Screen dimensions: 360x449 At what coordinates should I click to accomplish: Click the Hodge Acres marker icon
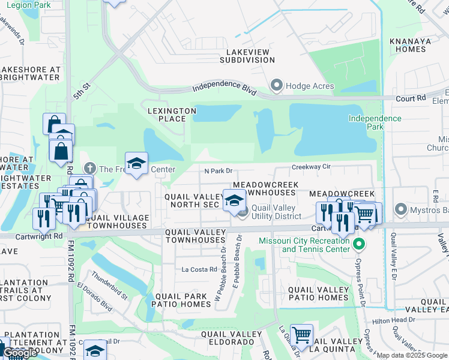point(277,86)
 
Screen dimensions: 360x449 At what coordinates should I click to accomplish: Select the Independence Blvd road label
point(224,88)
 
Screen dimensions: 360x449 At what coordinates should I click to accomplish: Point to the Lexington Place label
point(172,115)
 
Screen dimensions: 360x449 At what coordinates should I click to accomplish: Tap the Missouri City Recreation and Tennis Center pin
point(359,244)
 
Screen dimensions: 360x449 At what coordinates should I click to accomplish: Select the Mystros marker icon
point(400,209)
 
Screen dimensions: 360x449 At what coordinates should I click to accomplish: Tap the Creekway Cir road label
point(312,167)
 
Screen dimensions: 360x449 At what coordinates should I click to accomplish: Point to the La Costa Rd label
point(199,269)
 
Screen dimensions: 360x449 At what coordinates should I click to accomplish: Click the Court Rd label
point(411,97)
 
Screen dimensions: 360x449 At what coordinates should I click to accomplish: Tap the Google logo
point(20,353)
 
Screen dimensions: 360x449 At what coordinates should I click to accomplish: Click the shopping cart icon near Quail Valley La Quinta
point(301,334)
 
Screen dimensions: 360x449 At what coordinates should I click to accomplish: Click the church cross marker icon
point(90,169)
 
